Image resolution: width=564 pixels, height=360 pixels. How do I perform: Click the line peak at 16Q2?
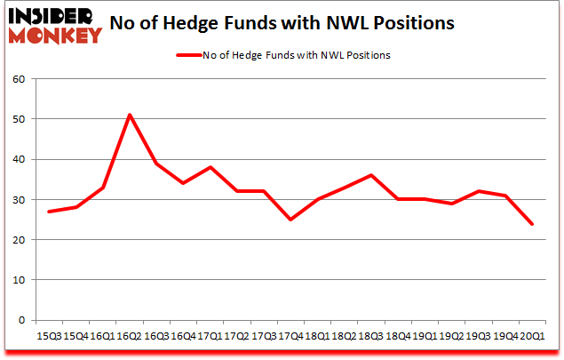[131, 115]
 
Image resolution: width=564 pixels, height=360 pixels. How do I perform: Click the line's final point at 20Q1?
[531, 223]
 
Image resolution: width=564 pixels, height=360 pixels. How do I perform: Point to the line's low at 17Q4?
[290, 220]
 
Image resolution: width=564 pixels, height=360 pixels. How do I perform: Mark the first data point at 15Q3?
[50, 212]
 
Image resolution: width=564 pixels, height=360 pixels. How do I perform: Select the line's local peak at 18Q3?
[370, 175]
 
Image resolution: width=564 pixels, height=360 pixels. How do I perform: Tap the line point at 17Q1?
[211, 167]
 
